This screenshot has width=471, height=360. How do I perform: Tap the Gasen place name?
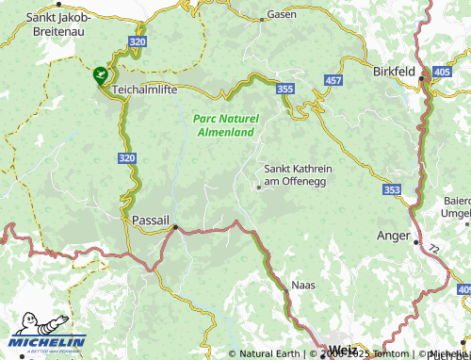click(282, 15)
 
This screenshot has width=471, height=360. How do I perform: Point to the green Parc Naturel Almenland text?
click(224, 125)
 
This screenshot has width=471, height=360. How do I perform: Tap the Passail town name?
click(151, 220)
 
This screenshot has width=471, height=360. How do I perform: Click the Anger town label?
click(393, 236)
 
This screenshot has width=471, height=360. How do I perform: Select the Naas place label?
click(303, 284)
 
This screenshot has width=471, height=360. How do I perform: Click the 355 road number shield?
click(286, 88)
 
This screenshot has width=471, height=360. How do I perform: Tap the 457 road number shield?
click(333, 82)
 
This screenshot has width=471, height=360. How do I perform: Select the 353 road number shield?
click(393, 190)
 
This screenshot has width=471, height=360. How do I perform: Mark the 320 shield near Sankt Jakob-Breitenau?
click(138, 42)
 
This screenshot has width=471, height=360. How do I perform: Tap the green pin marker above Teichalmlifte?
click(100, 74)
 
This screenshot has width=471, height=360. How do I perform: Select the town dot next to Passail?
click(174, 226)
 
